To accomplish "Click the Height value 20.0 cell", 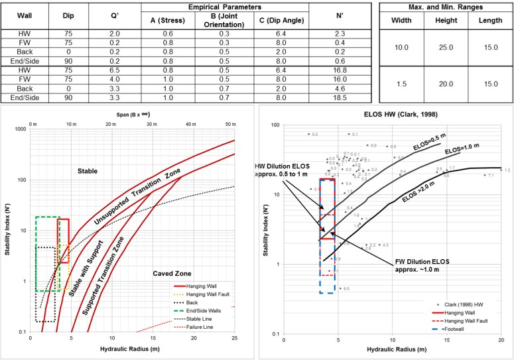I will (x=445, y=84).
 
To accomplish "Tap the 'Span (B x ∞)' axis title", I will (x=133, y=117).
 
